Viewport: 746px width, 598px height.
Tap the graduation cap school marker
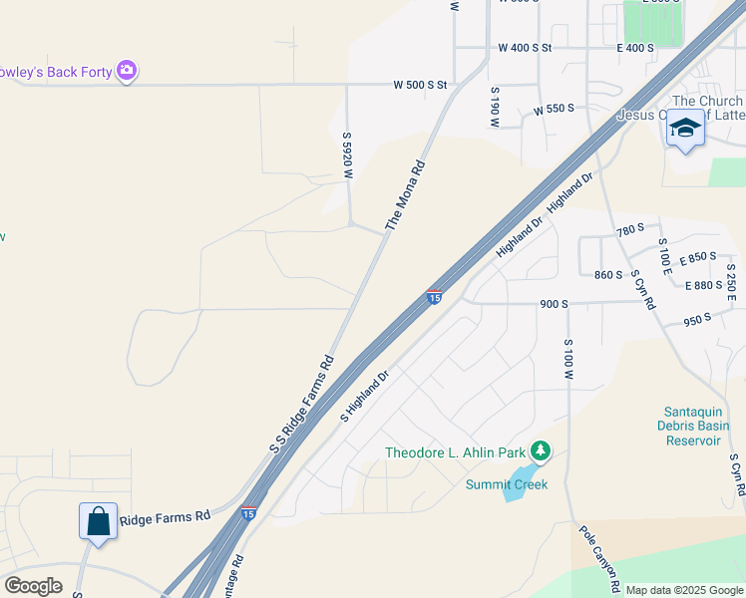(x=685, y=130)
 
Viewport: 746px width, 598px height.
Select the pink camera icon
(x=127, y=71)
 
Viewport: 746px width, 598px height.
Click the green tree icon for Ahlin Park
(x=541, y=451)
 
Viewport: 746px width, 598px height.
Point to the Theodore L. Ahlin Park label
(x=456, y=452)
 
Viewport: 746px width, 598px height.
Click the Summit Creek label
(x=507, y=484)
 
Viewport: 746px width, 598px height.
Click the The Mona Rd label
(x=406, y=195)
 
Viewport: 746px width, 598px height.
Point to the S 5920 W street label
(x=348, y=155)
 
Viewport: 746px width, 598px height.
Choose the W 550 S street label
(x=554, y=110)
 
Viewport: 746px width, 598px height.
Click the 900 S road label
(x=554, y=304)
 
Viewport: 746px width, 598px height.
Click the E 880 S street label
(x=704, y=285)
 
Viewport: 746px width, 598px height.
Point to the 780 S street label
(x=630, y=230)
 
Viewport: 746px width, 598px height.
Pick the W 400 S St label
(x=525, y=48)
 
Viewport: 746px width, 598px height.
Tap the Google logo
(x=33, y=586)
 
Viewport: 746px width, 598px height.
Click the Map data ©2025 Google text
(x=683, y=590)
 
